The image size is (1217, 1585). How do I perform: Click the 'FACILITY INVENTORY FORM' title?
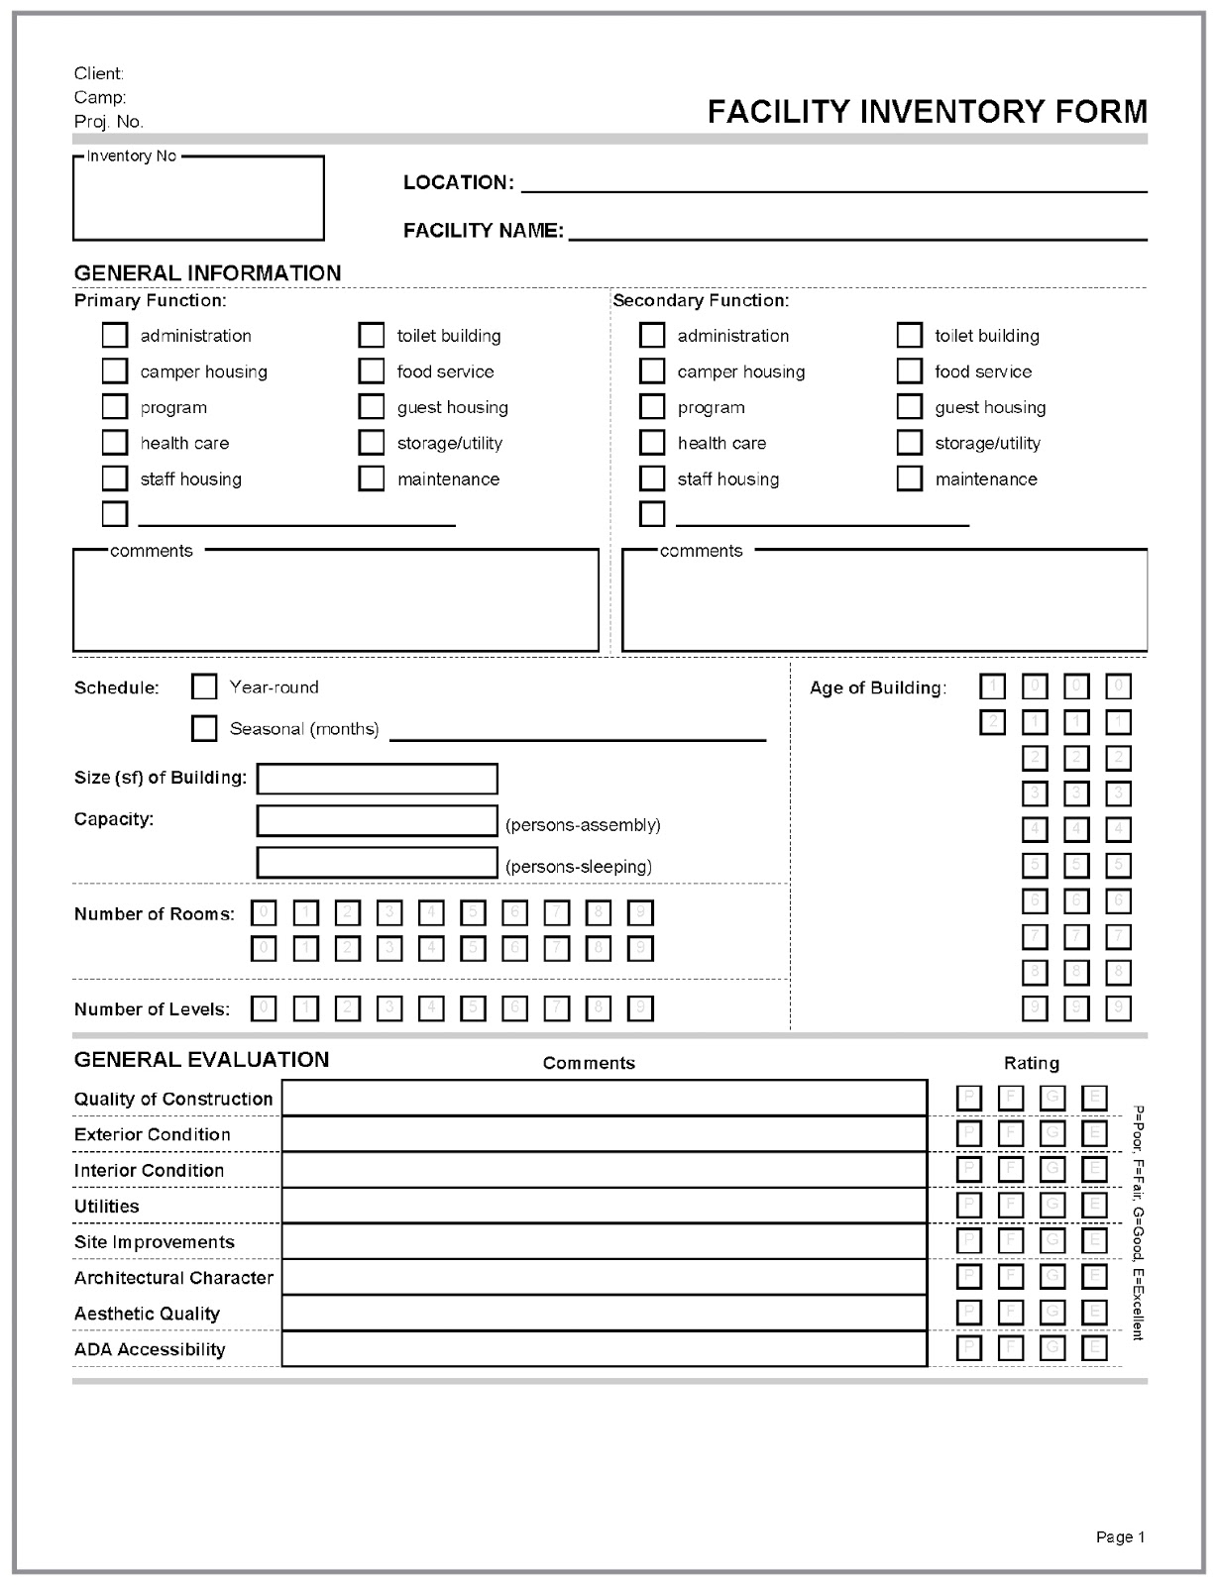click(x=927, y=111)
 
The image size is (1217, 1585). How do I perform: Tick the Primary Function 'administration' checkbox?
click(x=115, y=335)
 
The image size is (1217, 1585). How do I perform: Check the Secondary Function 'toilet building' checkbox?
click(x=909, y=335)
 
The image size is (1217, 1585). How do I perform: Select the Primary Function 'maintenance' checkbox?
click(x=372, y=478)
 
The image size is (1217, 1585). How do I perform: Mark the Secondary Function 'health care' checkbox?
click(x=652, y=443)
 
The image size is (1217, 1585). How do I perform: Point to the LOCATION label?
click(x=458, y=182)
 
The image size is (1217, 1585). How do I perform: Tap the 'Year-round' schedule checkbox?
click(x=204, y=687)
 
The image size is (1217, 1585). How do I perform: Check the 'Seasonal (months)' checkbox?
click(x=204, y=728)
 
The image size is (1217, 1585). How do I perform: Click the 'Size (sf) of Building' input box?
click(x=377, y=779)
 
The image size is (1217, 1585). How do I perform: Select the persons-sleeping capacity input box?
click(x=377, y=863)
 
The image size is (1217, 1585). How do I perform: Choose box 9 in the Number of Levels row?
click(x=641, y=1008)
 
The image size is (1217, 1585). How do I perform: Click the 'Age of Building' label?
click(x=877, y=687)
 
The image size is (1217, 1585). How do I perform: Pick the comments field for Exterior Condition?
click(x=605, y=1134)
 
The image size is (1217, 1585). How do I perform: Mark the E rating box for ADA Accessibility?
click(x=1094, y=1348)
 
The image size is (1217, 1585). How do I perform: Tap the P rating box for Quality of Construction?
click(x=969, y=1098)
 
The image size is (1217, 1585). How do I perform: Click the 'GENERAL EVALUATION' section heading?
click(x=201, y=1059)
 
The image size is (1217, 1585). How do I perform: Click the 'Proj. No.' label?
click(x=109, y=122)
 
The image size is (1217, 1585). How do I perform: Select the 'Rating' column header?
click(x=1031, y=1063)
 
